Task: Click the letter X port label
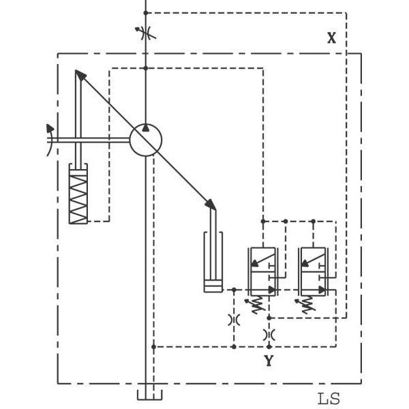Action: click(x=331, y=38)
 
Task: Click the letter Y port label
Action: click(x=269, y=361)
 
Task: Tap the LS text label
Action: click(x=329, y=399)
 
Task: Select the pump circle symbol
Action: click(x=146, y=140)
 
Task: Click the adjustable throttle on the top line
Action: click(x=145, y=32)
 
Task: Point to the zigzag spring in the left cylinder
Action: click(x=78, y=197)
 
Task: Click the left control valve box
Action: click(x=262, y=271)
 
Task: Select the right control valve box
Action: click(x=314, y=271)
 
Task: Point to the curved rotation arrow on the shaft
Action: click(x=50, y=140)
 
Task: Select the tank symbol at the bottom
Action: click(x=150, y=395)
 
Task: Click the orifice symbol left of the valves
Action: click(x=234, y=319)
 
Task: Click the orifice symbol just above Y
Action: click(x=269, y=335)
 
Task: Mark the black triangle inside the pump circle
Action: click(x=146, y=128)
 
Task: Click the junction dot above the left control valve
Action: click(x=262, y=221)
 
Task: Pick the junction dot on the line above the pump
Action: click(x=145, y=67)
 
